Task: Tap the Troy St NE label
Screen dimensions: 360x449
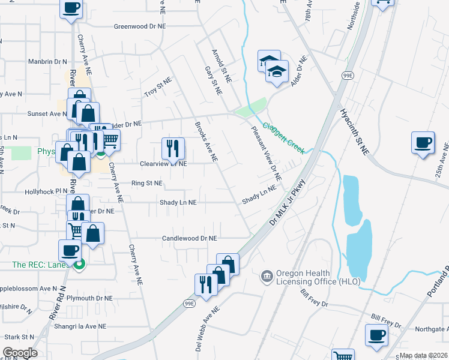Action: click(158, 87)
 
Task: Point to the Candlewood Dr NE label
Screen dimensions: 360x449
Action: click(189, 238)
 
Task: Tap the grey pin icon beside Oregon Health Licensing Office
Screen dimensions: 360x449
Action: click(267, 277)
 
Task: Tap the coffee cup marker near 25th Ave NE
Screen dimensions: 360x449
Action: click(423, 143)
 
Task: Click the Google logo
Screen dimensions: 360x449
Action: click(20, 353)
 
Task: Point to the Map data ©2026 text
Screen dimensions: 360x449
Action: click(423, 355)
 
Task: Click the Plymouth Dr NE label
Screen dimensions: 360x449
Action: click(89, 298)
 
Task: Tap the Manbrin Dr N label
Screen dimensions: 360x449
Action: click(47, 61)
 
